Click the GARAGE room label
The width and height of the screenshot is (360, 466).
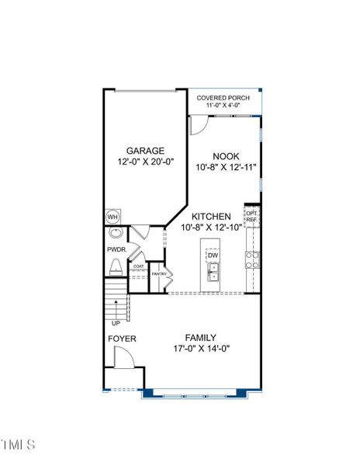pyautogui.click(x=145, y=151)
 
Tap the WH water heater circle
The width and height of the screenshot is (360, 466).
pyautogui.click(x=112, y=217)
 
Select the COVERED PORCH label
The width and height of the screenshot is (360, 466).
pyautogui.click(x=223, y=98)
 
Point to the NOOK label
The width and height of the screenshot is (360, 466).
pyautogui.click(x=226, y=156)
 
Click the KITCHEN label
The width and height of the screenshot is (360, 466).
pyautogui.click(x=211, y=217)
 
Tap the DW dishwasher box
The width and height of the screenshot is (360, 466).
pyautogui.click(x=213, y=256)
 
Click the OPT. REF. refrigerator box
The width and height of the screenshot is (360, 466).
pyautogui.click(x=251, y=217)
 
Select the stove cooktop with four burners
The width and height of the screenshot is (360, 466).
pyautogui.click(x=252, y=260)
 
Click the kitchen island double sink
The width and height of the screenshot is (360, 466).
pyautogui.click(x=213, y=272)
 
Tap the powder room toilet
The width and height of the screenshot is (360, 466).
pyautogui.click(x=116, y=267)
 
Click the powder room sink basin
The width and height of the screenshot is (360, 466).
pyautogui.click(x=116, y=232)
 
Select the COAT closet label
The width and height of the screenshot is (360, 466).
pyautogui.click(x=139, y=266)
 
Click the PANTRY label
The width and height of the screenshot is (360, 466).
pyautogui.click(x=159, y=273)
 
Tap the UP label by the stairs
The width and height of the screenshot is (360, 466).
pyautogui.click(x=116, y=323)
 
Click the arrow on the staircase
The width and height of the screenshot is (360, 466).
pyautogui.click(x=116, y=310)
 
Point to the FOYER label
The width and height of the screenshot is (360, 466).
pyautogui.click(x=122, y=339)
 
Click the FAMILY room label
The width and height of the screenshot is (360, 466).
pyautogui.click(x=201, y=338)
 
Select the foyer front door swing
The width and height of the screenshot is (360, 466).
pyautogui.click(x=125, y=357)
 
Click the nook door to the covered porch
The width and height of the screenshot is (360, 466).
pyautogui.click(x=199, y=125)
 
